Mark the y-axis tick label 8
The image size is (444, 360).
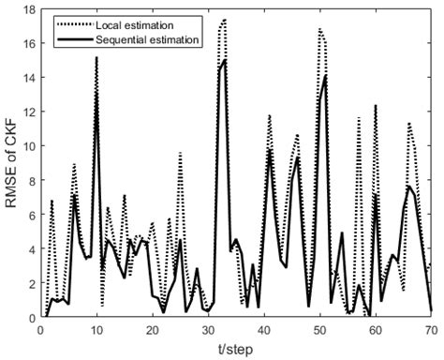(x=30, y=181)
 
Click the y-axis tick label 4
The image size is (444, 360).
(x=30, y=249)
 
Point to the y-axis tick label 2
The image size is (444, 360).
(x=30, y=283)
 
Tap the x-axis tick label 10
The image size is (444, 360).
(x=96, y=330)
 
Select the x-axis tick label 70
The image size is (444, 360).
(x=431, y=330)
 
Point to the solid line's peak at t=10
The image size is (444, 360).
(x=96, y=58)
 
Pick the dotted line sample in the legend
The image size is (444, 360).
(x=67, y=20)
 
